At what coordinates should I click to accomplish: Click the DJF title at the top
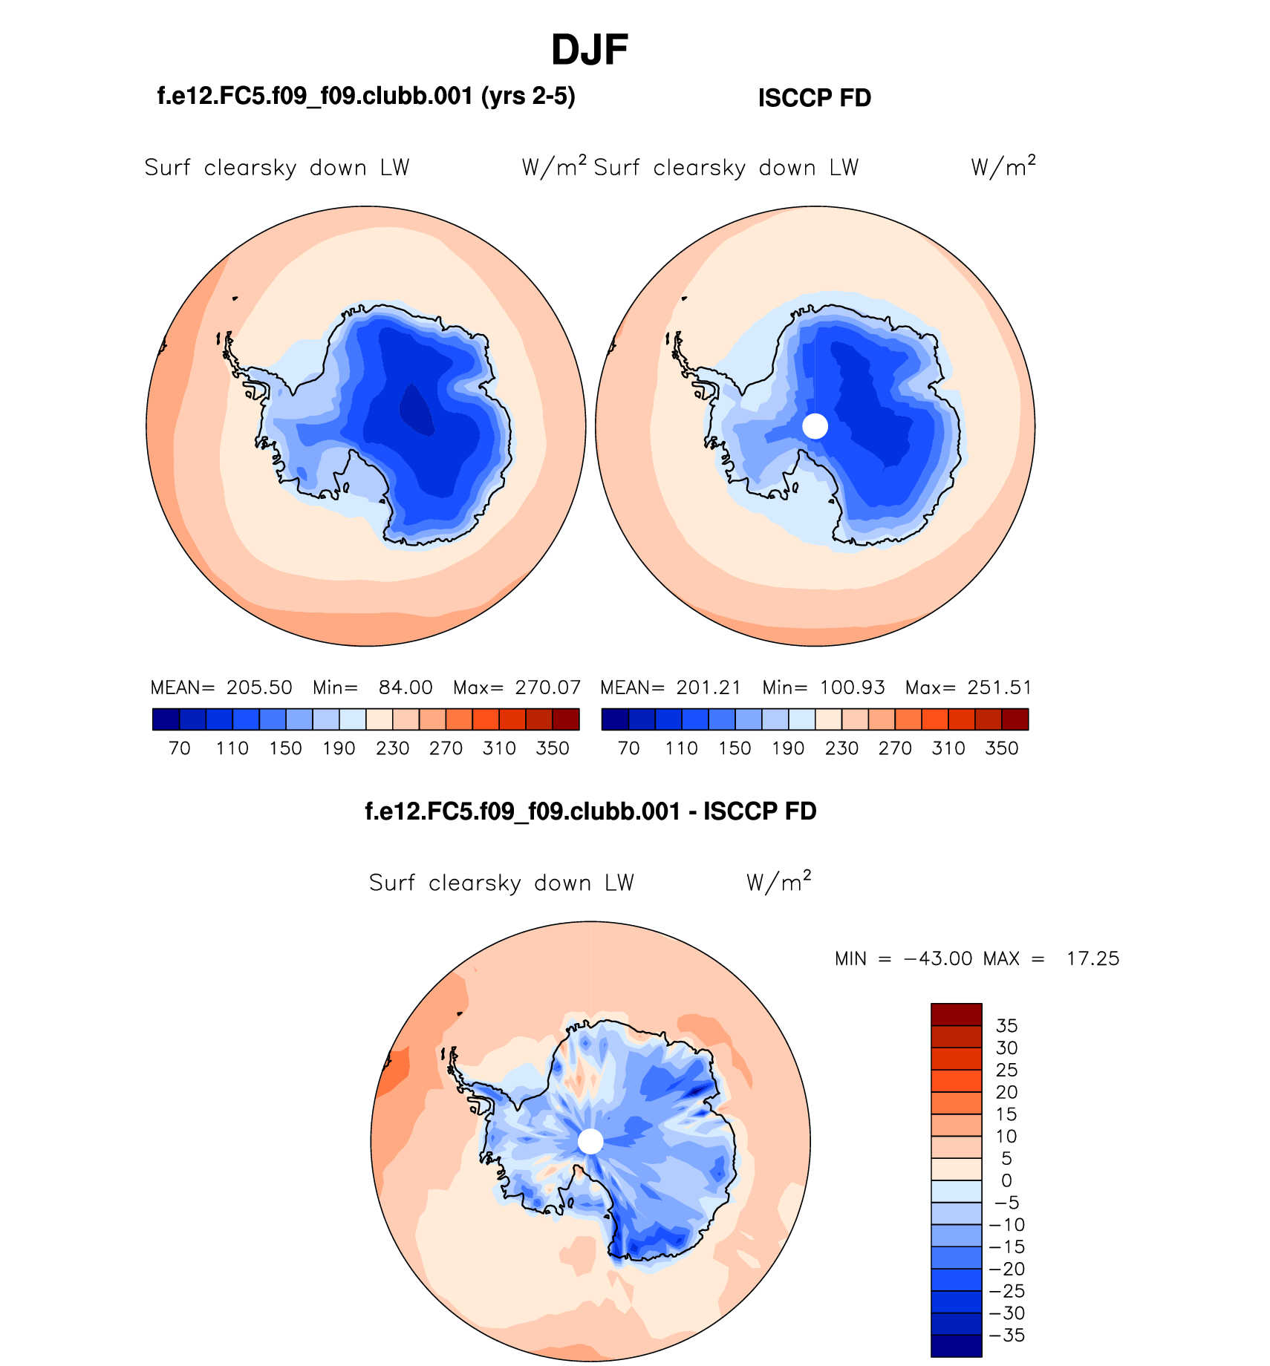[x=590, y=50]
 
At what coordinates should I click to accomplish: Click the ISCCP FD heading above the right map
[x=814, y=98]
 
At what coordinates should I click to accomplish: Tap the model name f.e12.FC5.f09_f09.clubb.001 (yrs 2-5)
[x=366, y=96]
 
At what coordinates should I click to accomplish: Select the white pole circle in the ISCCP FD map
[x=815, y=426]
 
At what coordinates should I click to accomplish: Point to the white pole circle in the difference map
[x=590, y=1141]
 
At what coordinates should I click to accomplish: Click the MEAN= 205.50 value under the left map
[x=221, y=687]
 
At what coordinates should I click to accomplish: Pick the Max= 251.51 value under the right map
[x=968, y=687]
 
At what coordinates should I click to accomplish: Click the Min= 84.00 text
[x=373, y=687]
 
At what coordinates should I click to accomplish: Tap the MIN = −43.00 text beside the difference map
[x=903, y=958]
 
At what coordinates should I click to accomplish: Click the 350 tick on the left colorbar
[x=553, y=748]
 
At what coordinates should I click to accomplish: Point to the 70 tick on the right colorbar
[x=629, y=748]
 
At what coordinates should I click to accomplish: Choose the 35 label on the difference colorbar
[x=1006, y=1026]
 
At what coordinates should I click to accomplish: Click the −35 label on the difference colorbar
[x=1007, y=1336]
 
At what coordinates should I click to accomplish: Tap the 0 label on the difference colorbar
[x=1006, y=1180]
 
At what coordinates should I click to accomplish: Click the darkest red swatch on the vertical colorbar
[x=957, y=1015]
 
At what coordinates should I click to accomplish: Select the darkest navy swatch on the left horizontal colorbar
[x=166, y=719]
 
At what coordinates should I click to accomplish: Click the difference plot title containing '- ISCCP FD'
[x=590, y=811]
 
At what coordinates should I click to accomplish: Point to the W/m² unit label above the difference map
[x=778, y=882]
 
